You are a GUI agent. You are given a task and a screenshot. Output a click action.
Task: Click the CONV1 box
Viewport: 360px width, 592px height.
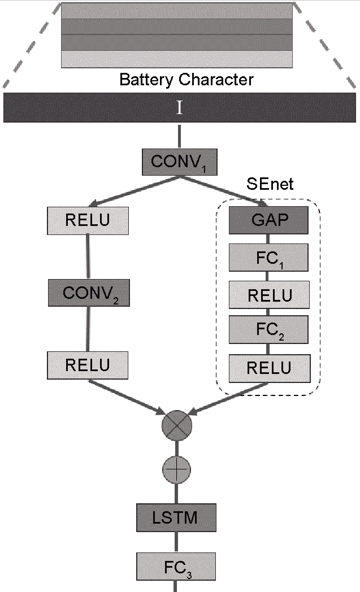[179, 162]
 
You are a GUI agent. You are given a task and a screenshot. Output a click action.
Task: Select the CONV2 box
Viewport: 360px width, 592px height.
[88, 293]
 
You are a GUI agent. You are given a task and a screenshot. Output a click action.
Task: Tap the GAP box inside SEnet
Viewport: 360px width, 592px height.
[268, 221]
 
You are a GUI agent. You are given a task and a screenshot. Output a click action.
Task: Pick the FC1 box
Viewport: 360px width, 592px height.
[268, 258]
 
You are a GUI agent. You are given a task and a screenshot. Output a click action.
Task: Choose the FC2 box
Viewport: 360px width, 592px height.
[269, 329]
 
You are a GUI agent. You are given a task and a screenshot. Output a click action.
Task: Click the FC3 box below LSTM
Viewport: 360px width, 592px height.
[176, 566]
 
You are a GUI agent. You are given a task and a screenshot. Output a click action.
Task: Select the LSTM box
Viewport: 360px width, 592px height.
[176, 517]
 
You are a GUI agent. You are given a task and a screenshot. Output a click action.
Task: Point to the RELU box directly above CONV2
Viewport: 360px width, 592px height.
[88, 221]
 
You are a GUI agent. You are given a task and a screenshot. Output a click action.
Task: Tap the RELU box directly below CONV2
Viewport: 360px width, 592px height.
[88, 365]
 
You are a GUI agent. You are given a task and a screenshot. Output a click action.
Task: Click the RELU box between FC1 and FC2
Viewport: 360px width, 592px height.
[269, 294]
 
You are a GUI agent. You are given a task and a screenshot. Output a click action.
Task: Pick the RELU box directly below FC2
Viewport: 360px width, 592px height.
[269, 368]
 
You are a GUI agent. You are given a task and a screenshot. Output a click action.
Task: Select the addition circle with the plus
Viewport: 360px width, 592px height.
[176, 469]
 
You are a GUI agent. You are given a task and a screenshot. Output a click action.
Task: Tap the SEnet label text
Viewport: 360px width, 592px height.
[270, 184]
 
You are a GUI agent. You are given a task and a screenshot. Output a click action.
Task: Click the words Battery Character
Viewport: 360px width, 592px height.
[186, 79]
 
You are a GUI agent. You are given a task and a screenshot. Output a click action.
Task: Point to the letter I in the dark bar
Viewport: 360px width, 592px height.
[180, 107]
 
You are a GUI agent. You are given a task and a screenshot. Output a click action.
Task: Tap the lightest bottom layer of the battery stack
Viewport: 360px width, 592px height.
[177, 59]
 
